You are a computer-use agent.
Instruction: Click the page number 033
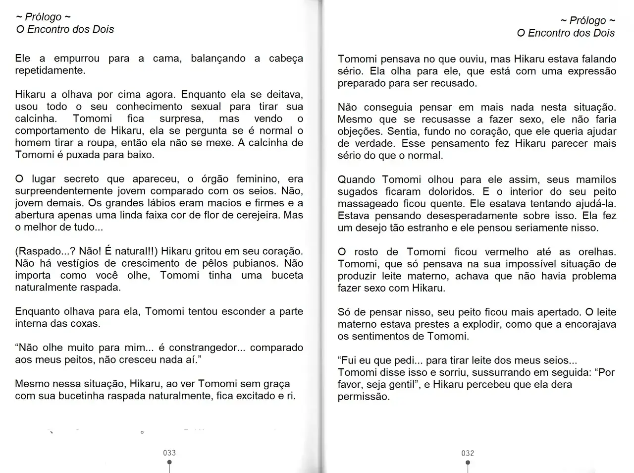(x=169, y=453)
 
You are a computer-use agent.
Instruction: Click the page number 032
(x=468, y=453)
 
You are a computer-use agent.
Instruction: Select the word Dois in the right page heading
(x=604, y=33)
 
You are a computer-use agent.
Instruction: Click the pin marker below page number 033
(x=169, y=463)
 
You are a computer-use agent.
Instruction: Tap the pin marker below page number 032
(x=468, y=464)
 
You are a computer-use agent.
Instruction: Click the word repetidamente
(x=50, y=70)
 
